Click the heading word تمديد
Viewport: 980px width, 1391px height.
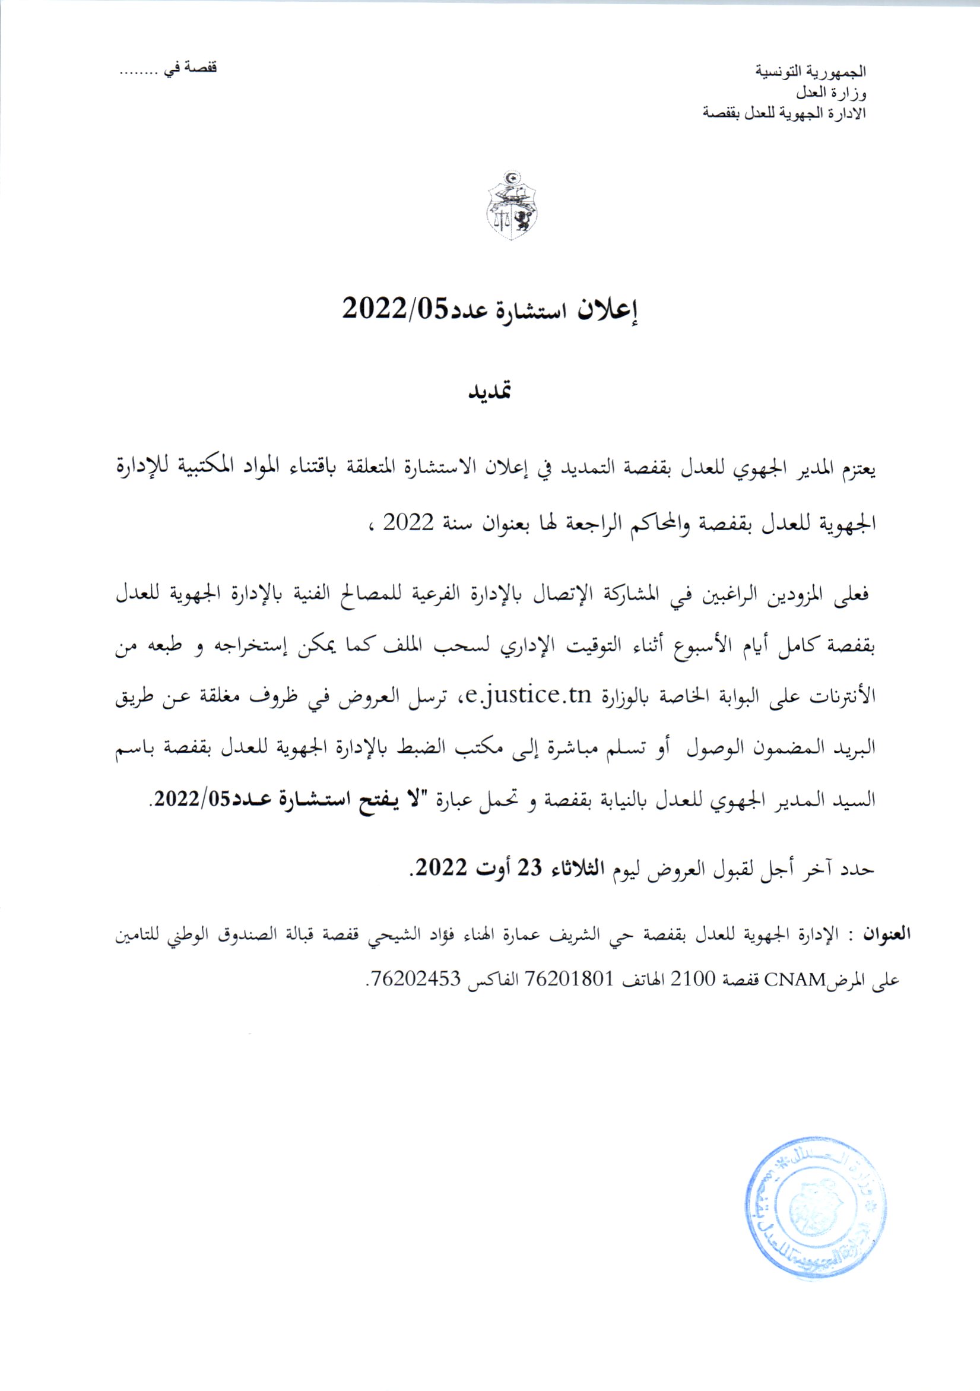click(491, 392)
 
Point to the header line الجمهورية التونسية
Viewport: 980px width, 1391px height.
click(811, 71)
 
